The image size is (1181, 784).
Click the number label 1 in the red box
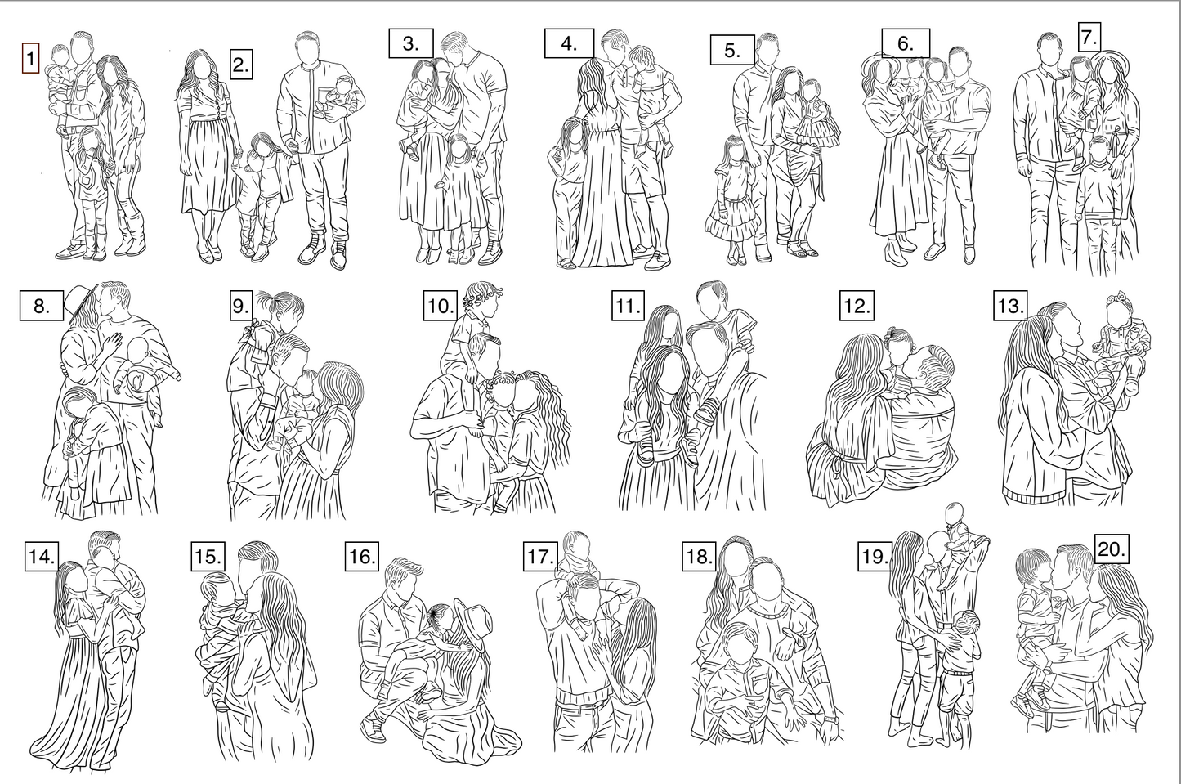tap(30, 58)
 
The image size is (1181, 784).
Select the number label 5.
tap(731, 50)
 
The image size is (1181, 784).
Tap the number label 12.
tap(857, 305)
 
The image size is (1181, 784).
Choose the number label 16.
tap(362, 556)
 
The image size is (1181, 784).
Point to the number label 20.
tap(1111, 549)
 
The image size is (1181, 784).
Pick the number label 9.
tap(241, 305)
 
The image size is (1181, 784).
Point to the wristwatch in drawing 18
tap(830, 719)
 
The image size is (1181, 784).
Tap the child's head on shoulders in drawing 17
tap(576, 544)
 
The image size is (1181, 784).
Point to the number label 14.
tap(41, 556)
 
